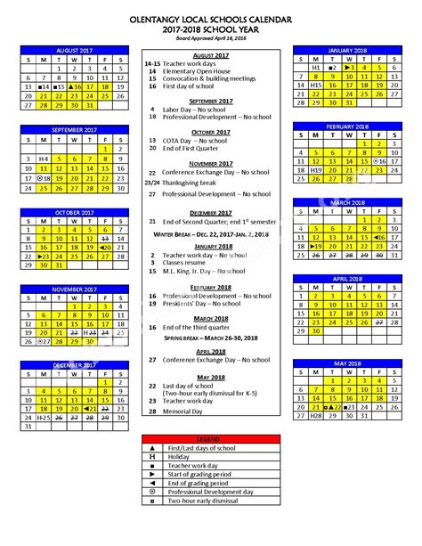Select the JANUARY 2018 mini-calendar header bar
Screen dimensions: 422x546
[347, 50]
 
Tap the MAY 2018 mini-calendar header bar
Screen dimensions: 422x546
[347, 363]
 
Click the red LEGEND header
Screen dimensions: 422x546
[210, 440]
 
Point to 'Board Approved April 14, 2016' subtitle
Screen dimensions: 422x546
[210, 37]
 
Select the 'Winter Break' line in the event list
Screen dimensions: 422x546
[210, 233]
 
